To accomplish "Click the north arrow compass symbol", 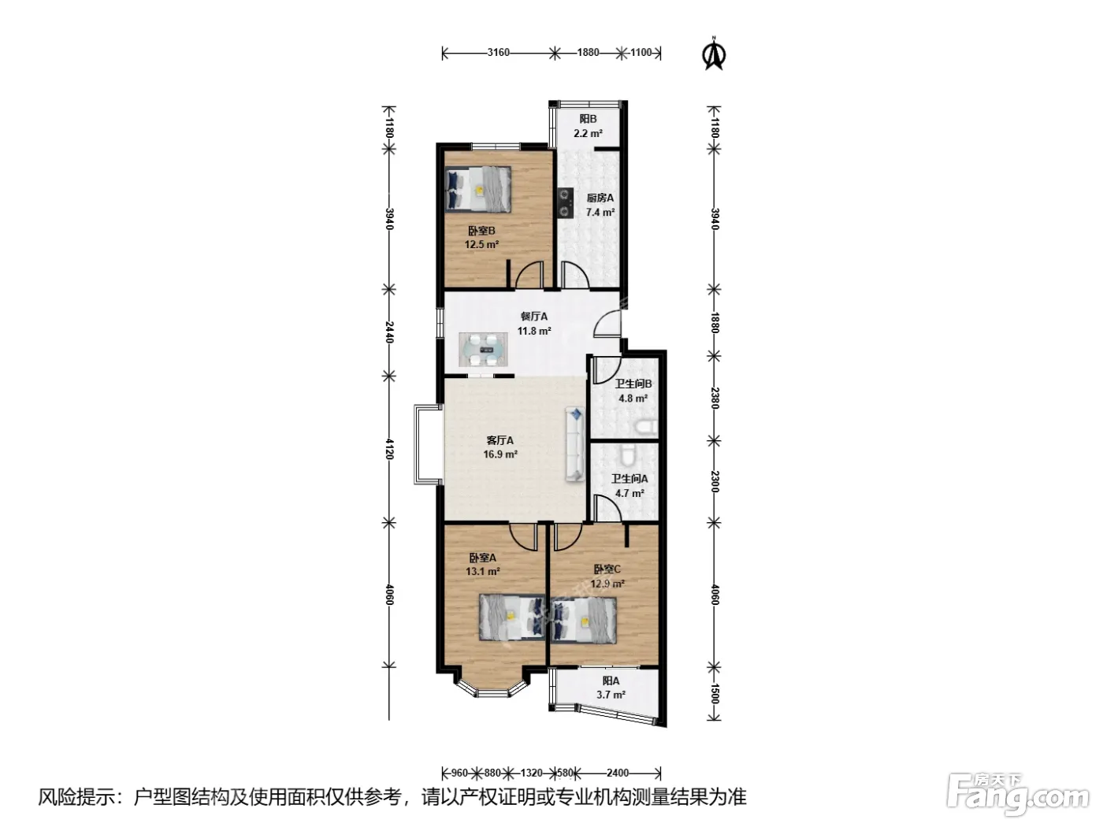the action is point(713,53).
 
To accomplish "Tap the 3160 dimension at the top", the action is point(498,53).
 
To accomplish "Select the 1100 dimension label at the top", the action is point(641,53).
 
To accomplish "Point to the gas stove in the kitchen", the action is point(565,203).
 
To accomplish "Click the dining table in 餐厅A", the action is point(483,350).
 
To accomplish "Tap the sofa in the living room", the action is point(575,444).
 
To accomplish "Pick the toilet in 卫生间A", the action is point(627,454).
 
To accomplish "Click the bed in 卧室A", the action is point(512,617).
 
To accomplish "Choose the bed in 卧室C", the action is point(584,621).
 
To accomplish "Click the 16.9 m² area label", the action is point(500,455).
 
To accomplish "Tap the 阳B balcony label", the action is point(588,119).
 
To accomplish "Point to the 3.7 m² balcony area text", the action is point(611,695).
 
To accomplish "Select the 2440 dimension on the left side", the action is point(389,332).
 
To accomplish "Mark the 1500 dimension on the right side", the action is point(714,694).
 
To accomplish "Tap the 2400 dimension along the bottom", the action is point(618,773).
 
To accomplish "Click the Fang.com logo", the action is point(1017,797).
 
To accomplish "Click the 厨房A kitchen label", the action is point(600,198).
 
